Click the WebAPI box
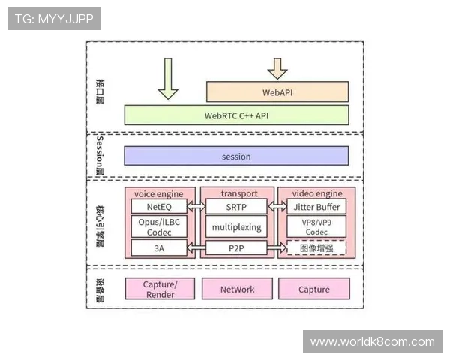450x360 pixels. pyautogui.click(x=277, y=92)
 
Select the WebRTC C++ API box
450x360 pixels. pyautogui.click(x=236, y=115)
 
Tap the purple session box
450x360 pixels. pyautogui.click(x=236, y=156)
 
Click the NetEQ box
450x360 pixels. pyautogui.click(x=158, y=206)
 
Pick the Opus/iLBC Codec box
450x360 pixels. pyautogui.click(x=158, y=226)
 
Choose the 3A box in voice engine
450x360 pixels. pyautogui.click(x=158, y=247)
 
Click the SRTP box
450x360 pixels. pyautogui.click(x=235, y=206)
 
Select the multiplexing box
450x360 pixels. pyautogui.click(x=235, y=226)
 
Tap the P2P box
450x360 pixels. pyautogui.click(x=235, y=247)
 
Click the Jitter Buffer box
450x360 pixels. pyautogui.click(x=316, y=206)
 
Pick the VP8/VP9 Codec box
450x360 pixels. pyautogui.click(x=316, y=226)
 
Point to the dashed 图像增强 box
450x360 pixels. pyautogui.click(x=316, y=247)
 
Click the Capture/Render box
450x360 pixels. pyautogui.click(x=159, y=289)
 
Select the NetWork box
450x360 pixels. pyautogui.click(x=236, y=289)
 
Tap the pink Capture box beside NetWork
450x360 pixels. pyautogui.click(x=313, y=289)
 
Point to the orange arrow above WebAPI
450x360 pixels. pyautogui.click(x=277, y=68)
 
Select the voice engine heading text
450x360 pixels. pyautogui.click(x=158, y=193)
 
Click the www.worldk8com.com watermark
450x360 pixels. pyautogui.click(x=372, y=342)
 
